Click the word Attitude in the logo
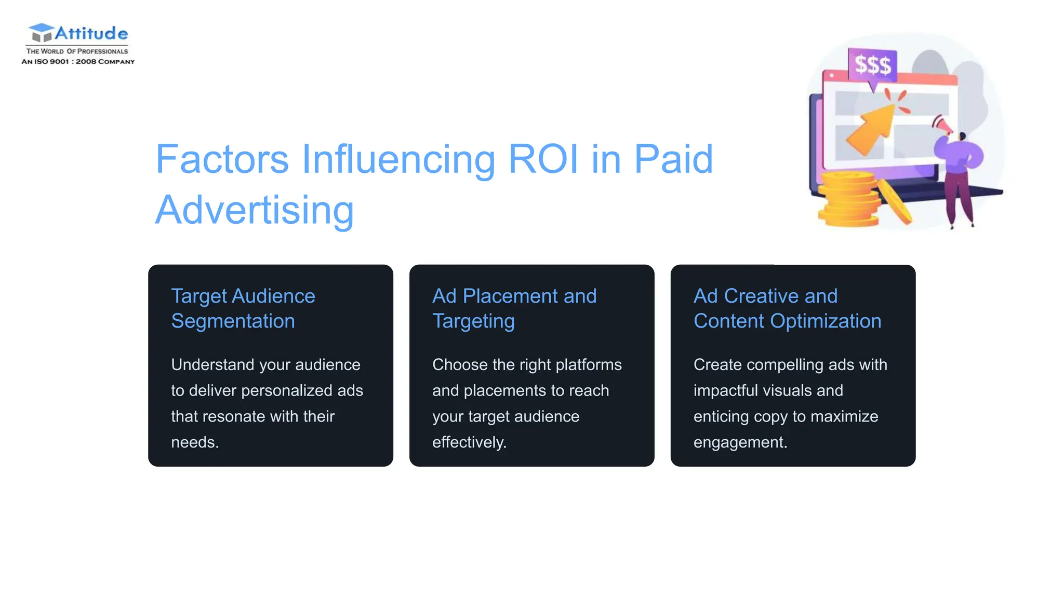[x=91, y=34]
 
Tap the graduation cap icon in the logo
[x=41, y=32]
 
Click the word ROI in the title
[x=543, y=159]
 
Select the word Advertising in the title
[x=255, y=210]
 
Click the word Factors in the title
[x=222, y=159]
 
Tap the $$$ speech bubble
[x=873, y=65]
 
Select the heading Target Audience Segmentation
[x=243, y=308]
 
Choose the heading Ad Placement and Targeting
[x=514, y=308]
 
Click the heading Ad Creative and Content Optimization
[x=787, y=308]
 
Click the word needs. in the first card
[x=195, y=442]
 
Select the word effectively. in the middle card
[x=469, y=442]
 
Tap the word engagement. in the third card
[x=740, y=442]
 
